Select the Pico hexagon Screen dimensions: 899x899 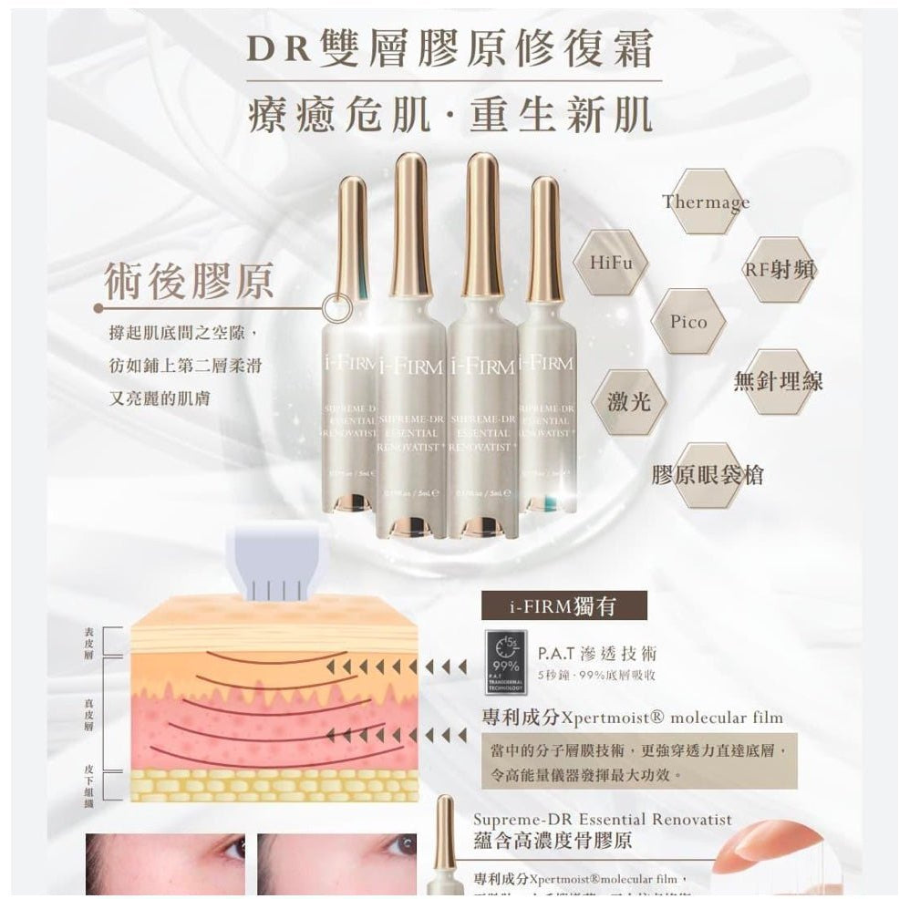click(x=688, y=322)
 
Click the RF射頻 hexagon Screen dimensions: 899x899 click(x=780, y=269)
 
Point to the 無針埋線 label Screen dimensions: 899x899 click(x=778, y=381)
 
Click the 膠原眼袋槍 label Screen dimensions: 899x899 click(x=707, y=475)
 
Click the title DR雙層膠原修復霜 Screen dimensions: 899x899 click(x=449, y=50)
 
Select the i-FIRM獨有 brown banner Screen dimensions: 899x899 click(x=563, y=605)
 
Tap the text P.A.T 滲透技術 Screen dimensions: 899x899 click(x=596, y=654)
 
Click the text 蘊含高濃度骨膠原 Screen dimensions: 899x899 click(x=553, y=841)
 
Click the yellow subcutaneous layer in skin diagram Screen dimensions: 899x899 click(x=274, y=785)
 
